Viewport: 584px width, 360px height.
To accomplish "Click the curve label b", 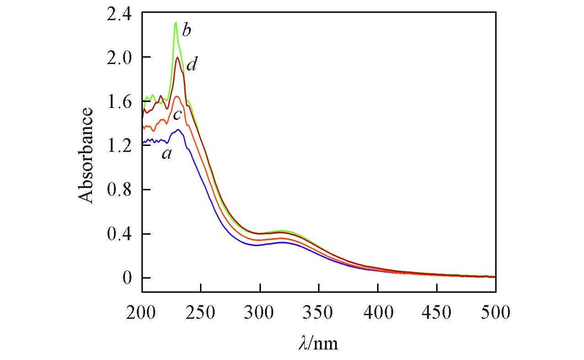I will coord(186,31).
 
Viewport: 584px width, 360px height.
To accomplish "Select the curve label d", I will coord(191,65).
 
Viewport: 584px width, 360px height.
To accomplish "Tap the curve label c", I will coord(178,115).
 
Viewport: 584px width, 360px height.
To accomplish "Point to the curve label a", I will coord(167,155).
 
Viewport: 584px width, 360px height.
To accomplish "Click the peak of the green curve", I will coord(175,22).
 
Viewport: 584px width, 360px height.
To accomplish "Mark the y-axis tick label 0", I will coord(126,278).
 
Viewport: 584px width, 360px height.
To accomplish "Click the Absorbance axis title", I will coord(86,155).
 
